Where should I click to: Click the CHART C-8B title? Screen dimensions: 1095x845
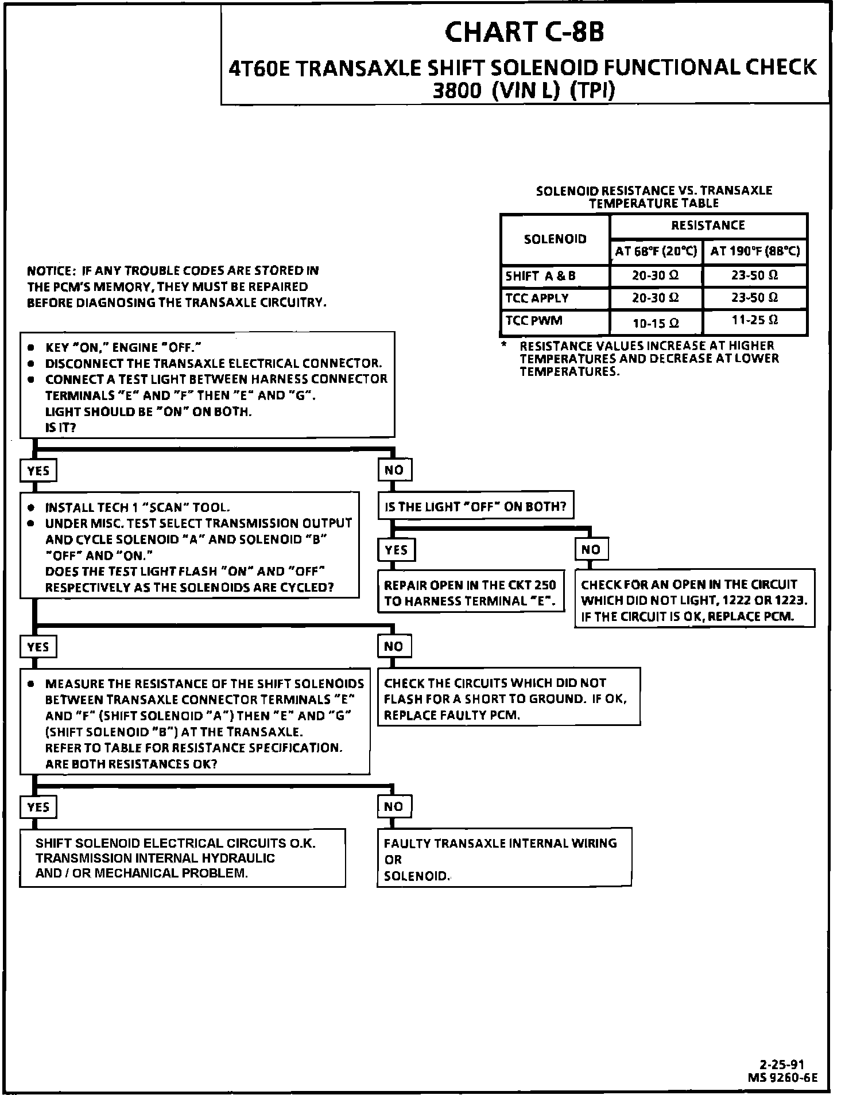coord(524,33)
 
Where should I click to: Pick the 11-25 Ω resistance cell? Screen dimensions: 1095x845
coord(755,320)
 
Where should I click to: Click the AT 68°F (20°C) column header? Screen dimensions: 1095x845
coord(656,251)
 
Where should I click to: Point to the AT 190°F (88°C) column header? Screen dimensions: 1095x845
coord(755,251)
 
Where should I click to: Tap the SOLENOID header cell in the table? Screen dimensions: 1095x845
coord(555,239)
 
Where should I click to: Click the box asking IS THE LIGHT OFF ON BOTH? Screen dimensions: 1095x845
coord(475,507)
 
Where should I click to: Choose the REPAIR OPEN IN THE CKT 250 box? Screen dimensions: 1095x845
coord(470,593)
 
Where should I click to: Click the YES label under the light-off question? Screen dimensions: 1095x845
coord(396,550)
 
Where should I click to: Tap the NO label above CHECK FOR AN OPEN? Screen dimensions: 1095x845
coord(591,549)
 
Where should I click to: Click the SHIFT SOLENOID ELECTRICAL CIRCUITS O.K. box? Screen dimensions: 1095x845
coord(183,858)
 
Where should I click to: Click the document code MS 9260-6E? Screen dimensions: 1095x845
coord(782,1077)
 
